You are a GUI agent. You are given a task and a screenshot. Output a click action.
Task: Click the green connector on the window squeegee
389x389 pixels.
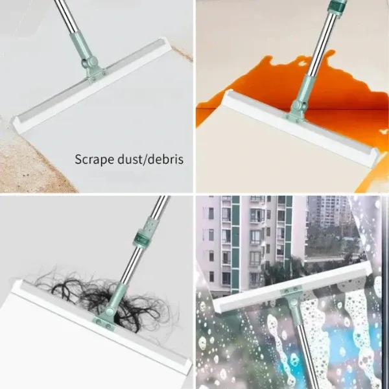coord(290,300)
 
